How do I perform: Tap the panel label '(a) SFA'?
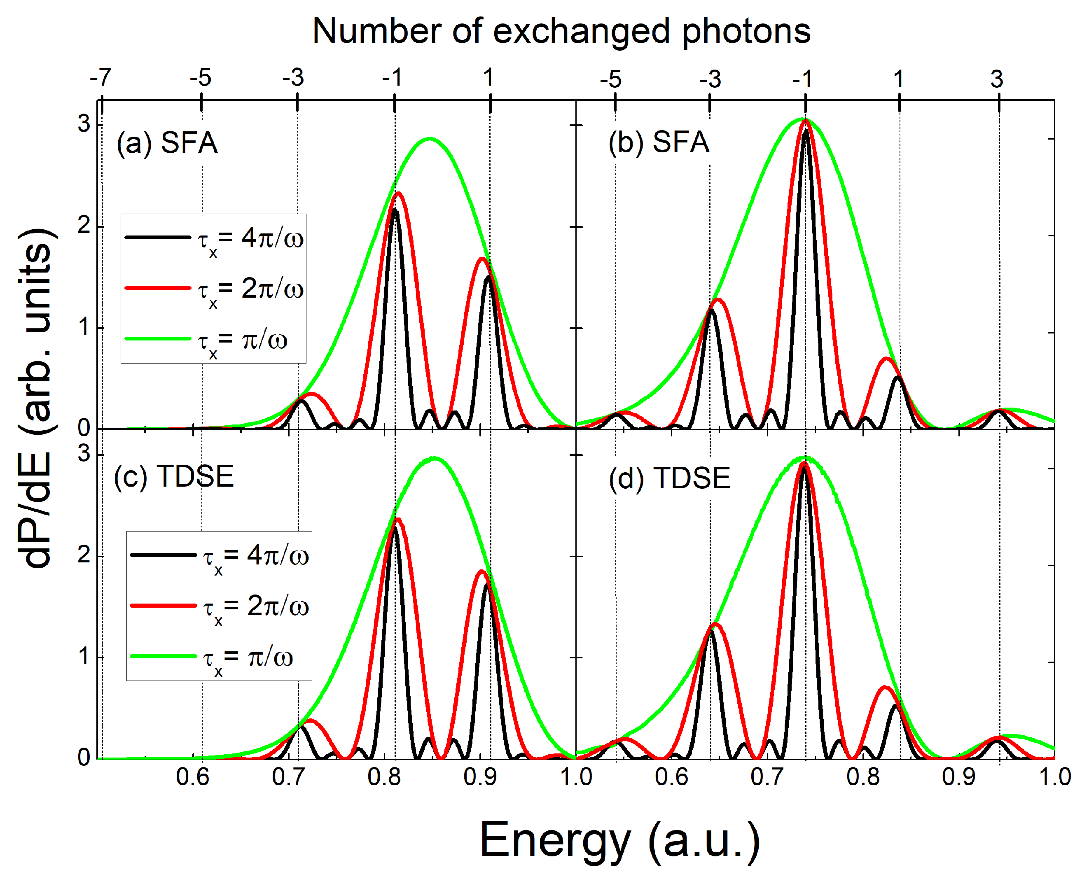point(167,142)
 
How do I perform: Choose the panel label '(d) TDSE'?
point(669,479)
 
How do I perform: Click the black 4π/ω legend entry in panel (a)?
point(213,238)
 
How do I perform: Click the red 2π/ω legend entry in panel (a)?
point(213,289)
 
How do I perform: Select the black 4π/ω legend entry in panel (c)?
point(219,555)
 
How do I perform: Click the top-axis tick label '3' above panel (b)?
point(997,79)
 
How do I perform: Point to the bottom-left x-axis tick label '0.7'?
point(288,777)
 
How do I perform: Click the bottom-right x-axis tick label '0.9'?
point(958,777)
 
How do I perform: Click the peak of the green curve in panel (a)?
point(430,138)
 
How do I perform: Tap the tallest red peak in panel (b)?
point(806,121)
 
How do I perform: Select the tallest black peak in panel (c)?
point(395,527)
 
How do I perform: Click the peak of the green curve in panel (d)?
point(806,457)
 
